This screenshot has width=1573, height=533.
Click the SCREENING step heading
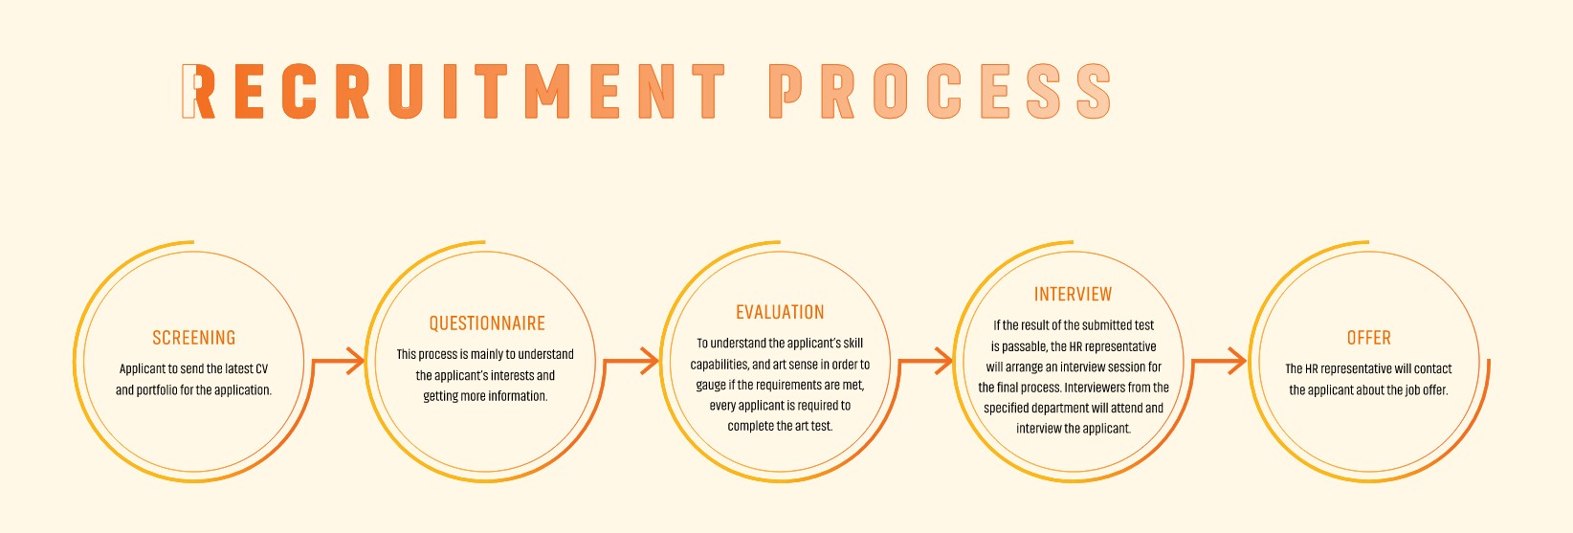pyautogui.click(x=193, y=338)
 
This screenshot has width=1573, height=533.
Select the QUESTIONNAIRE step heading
pyautogui.click(x=487, y=323)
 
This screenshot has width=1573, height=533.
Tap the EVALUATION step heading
pyautogui.click(x=780, y=312)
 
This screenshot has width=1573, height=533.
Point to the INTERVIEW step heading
pyautogui.click(x=1073, y=295)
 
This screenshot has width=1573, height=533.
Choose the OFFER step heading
pyautogui.click(x=1368, y=338)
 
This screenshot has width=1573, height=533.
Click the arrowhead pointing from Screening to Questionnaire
pyautogui.click(x=356, y=361)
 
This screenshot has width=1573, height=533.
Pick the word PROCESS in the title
pyautogui.click(x=940, y=92)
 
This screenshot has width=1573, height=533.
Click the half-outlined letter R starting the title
pyautogui.click(x=197, y=92)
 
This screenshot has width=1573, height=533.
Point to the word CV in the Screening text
pyautogui.click(x=261, y=369)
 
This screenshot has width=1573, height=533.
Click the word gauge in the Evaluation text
pyautogui.click(x=710, y=386)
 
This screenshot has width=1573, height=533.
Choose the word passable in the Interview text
pyautogui.click(x=1024, y=347)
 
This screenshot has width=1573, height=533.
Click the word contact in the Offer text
pyautogui.click(x=1433, y=369)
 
